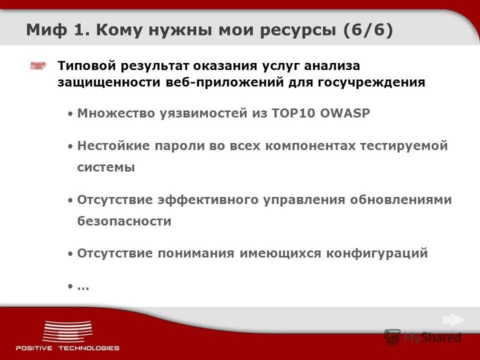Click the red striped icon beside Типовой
point(38,66)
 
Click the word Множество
point(116,113)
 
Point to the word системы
point(106,167)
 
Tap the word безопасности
point(124,221)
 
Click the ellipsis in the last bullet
point(83,287)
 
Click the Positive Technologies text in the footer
point(67,348)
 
